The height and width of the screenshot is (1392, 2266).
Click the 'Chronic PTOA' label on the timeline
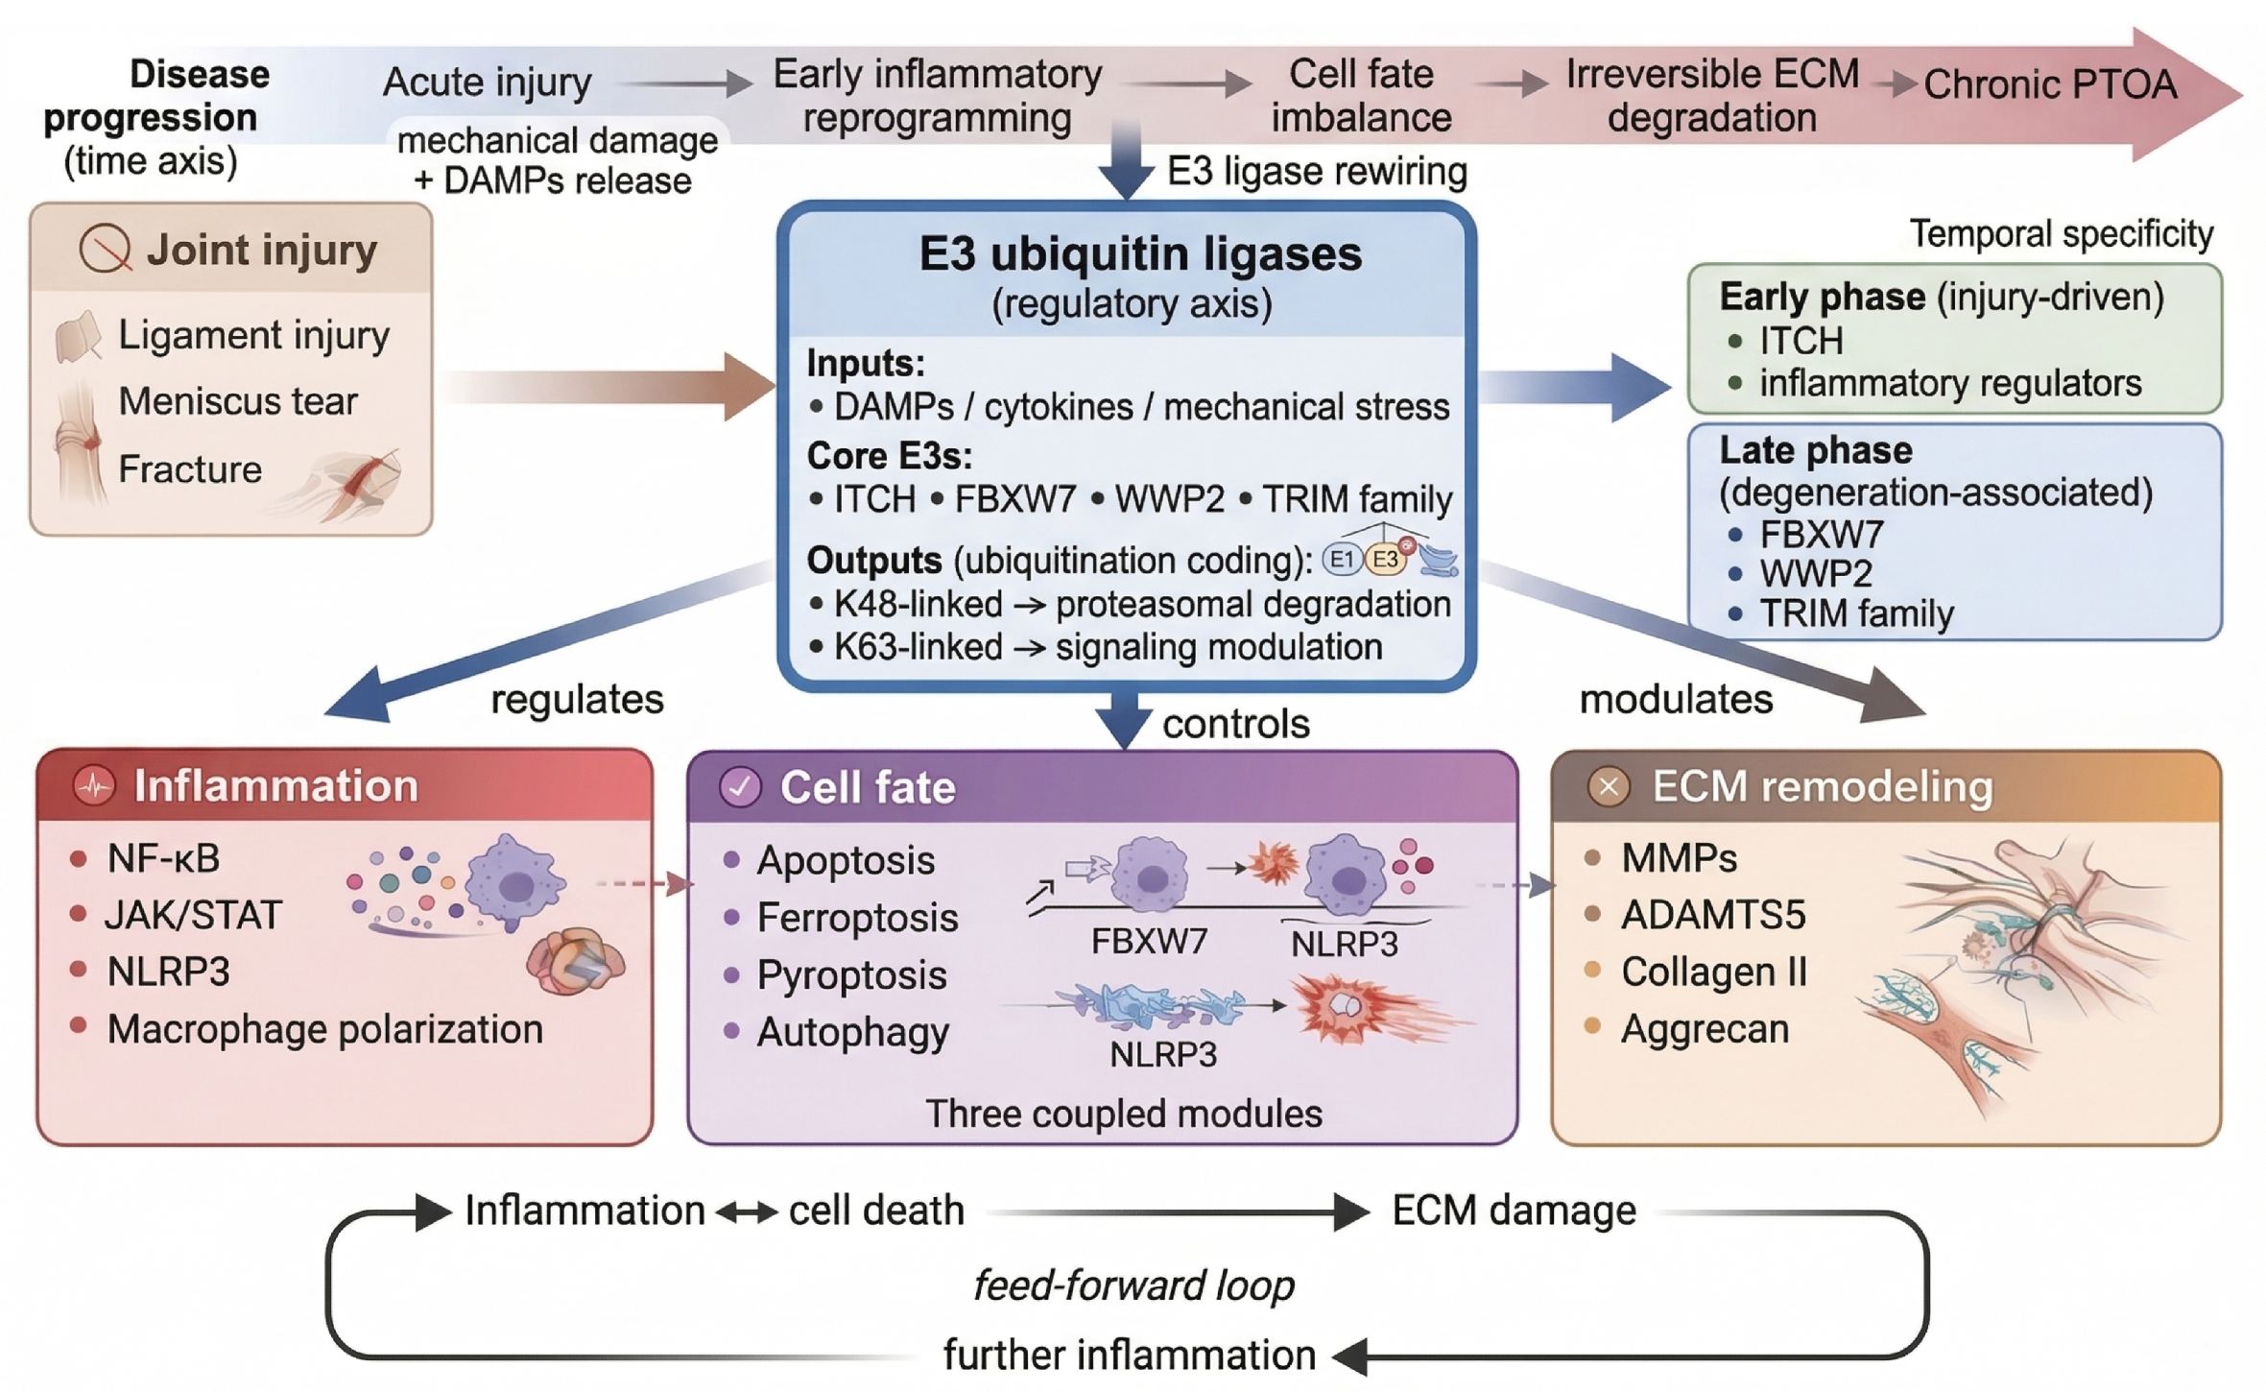[x=2050, y=84]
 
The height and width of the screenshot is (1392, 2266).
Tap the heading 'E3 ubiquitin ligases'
[x=1140, y=254]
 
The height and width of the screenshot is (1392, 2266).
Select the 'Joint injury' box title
[x=261, y=250]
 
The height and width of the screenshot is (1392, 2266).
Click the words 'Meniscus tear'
[x=238, y=401]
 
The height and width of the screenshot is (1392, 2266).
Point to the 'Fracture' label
[x=190, y=469]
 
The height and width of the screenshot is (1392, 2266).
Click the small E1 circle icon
[x=1342, y=560]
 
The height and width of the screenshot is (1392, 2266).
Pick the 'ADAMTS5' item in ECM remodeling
[x=1713, y=915]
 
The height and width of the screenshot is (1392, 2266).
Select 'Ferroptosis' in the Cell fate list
[x=857, y=918]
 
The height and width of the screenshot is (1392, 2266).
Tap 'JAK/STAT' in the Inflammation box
[x=194, y=915]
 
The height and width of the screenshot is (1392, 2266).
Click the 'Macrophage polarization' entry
[x=325, y=1029]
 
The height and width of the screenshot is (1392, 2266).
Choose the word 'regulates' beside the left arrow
[x=577, y=699]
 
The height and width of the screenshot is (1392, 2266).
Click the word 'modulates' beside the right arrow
[x=1676, y=699]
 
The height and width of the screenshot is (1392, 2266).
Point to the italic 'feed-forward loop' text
[x=1133, y=1284]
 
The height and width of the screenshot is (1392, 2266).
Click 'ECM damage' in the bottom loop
[x=1514, y=1211]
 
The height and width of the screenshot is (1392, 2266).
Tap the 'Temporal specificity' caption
[x=2061, y=233]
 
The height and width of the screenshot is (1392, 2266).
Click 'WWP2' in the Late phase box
[x=1816, y=574]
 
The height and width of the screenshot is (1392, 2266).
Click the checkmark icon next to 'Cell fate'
[x=740, y=787]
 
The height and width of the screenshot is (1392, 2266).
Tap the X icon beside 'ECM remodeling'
[x=1609, y=786]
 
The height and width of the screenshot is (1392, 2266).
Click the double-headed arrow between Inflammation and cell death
[x=747, y=1213]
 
